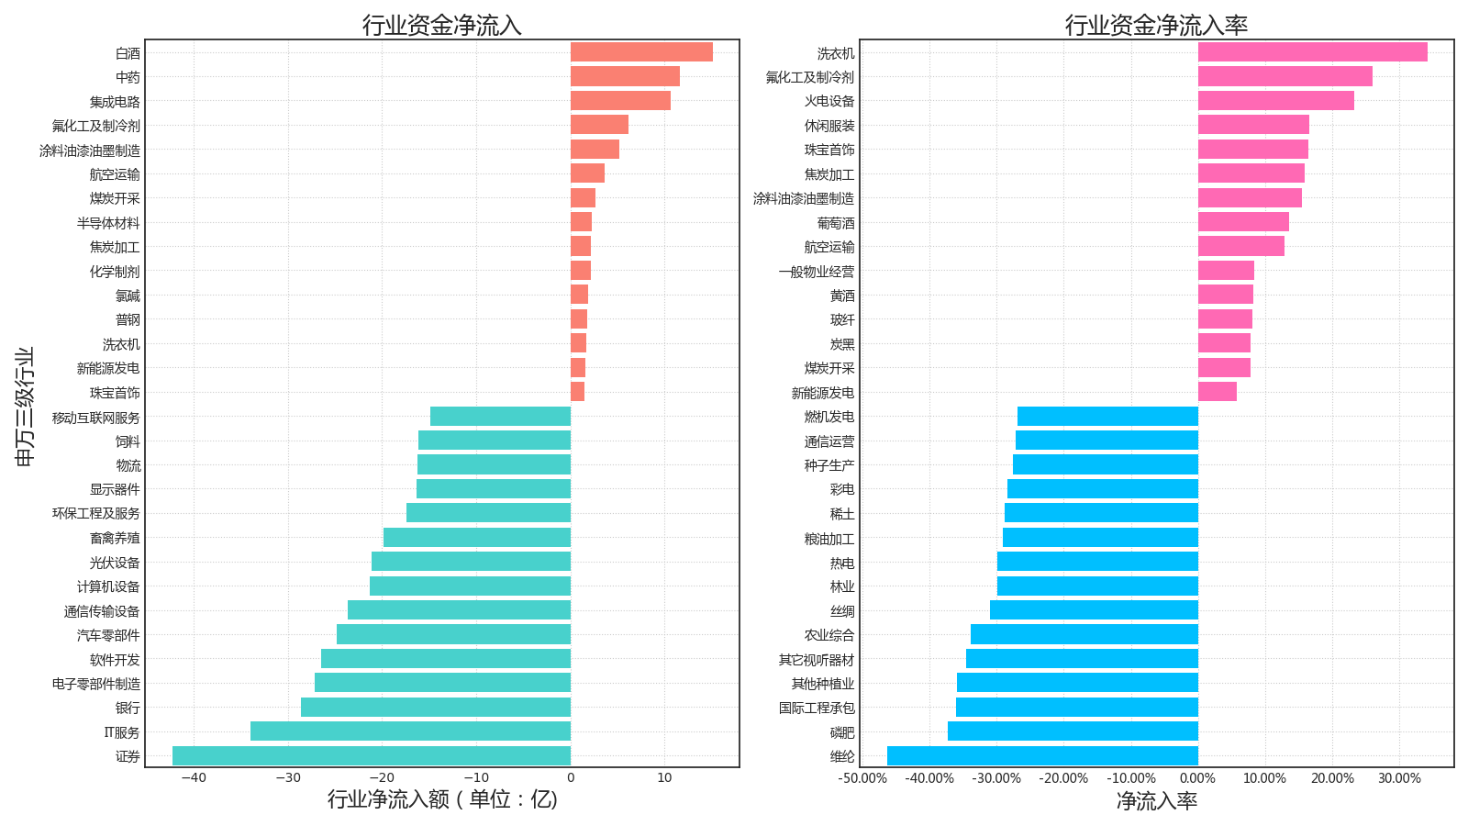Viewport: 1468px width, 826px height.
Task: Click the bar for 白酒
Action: pos(641,52)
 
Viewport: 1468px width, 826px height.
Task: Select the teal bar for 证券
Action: pos(372,756)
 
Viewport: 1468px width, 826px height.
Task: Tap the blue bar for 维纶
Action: pos(1042,756)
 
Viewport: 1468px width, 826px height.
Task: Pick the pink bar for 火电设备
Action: pos(1275,101)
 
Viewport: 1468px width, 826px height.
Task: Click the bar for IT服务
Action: pos(410,731)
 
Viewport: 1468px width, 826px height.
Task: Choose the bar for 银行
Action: pos(436,708)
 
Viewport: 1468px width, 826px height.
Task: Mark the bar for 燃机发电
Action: pos(1107,417)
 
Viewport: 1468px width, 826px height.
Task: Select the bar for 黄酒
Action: pos(1225,295)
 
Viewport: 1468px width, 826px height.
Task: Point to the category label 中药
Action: pos(128,77)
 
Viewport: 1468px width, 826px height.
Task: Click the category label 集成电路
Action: pos(115,102)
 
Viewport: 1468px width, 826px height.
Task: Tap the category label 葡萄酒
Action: pos(835,223)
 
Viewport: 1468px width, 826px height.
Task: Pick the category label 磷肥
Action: pos(841,732)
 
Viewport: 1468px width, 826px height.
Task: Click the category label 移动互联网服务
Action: pos(95,418)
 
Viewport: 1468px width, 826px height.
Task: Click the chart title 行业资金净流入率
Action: pos(1156,25)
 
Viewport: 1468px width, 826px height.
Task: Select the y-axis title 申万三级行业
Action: pos(25,407)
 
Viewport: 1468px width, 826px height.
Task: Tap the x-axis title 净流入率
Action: pos(1156,801)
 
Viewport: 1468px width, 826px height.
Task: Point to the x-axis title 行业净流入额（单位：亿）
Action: pos(442,799)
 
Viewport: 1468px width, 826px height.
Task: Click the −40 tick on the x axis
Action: pos(194,778)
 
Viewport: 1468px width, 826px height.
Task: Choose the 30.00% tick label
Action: pos(1399,779)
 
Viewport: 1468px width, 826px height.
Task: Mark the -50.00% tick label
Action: pos(862,779)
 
